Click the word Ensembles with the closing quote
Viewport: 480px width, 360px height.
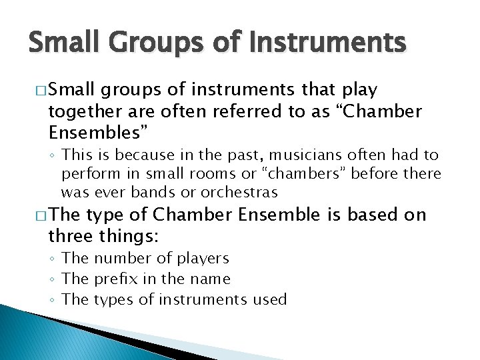pyautogui.click(x=97, y=130)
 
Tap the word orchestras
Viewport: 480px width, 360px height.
pyautogui.click(x=243, y=193)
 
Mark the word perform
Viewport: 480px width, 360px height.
pyautogui.click(x=87, y=174)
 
